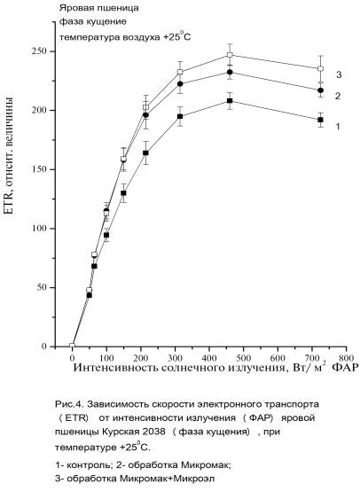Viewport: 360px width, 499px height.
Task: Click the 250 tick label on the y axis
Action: [40, 51]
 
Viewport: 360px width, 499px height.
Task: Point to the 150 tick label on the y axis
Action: [40, 169]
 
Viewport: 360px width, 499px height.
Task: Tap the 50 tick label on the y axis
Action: [42, 287]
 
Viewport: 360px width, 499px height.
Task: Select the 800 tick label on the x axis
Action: [346, 358]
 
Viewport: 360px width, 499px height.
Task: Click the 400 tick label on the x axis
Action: [209, 358]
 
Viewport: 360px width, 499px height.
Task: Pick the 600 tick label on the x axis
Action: [278, 358]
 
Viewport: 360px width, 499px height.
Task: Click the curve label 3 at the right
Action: [339, 74]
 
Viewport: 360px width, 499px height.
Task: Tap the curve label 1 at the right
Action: [338, 127]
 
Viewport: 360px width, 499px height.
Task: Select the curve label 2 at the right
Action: [338, 96]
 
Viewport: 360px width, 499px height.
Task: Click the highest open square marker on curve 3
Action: [230, 55]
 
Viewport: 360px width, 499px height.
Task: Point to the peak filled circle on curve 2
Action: [230, 73]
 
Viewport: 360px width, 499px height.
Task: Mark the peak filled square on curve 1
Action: [230, 101]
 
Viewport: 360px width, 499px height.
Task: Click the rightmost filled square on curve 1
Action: [320, 120]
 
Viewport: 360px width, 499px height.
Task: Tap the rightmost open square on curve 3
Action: [320, 68]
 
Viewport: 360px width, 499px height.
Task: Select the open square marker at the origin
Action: [72, 346]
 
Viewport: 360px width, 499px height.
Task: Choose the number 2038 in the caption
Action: [154, 432]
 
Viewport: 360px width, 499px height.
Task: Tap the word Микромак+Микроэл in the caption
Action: [167, 479]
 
